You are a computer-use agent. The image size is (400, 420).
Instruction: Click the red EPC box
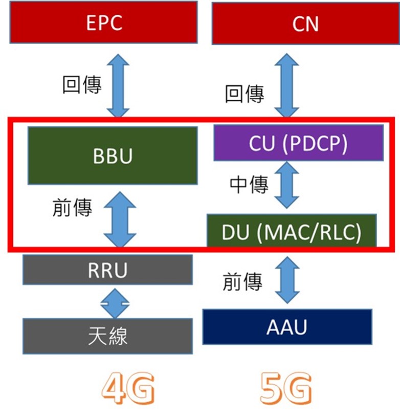[x=103, y=22]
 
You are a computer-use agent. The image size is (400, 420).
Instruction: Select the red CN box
[x=305, y=24]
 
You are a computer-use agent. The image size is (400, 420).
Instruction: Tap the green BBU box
[x=112, y=156]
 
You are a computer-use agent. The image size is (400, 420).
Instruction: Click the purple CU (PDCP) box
[x=298, y=143]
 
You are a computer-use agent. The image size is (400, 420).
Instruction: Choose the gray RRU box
[x=107, y=270]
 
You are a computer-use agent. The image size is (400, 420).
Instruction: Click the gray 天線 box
[x=107, y=336]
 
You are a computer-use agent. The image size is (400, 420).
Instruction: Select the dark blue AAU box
[x=287, y=326]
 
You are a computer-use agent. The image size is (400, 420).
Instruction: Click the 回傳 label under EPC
[x=82, y=84]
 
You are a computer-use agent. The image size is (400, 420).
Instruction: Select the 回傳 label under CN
[x=245, y=94]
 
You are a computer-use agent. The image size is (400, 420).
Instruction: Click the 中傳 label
[x=249, y=185]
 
